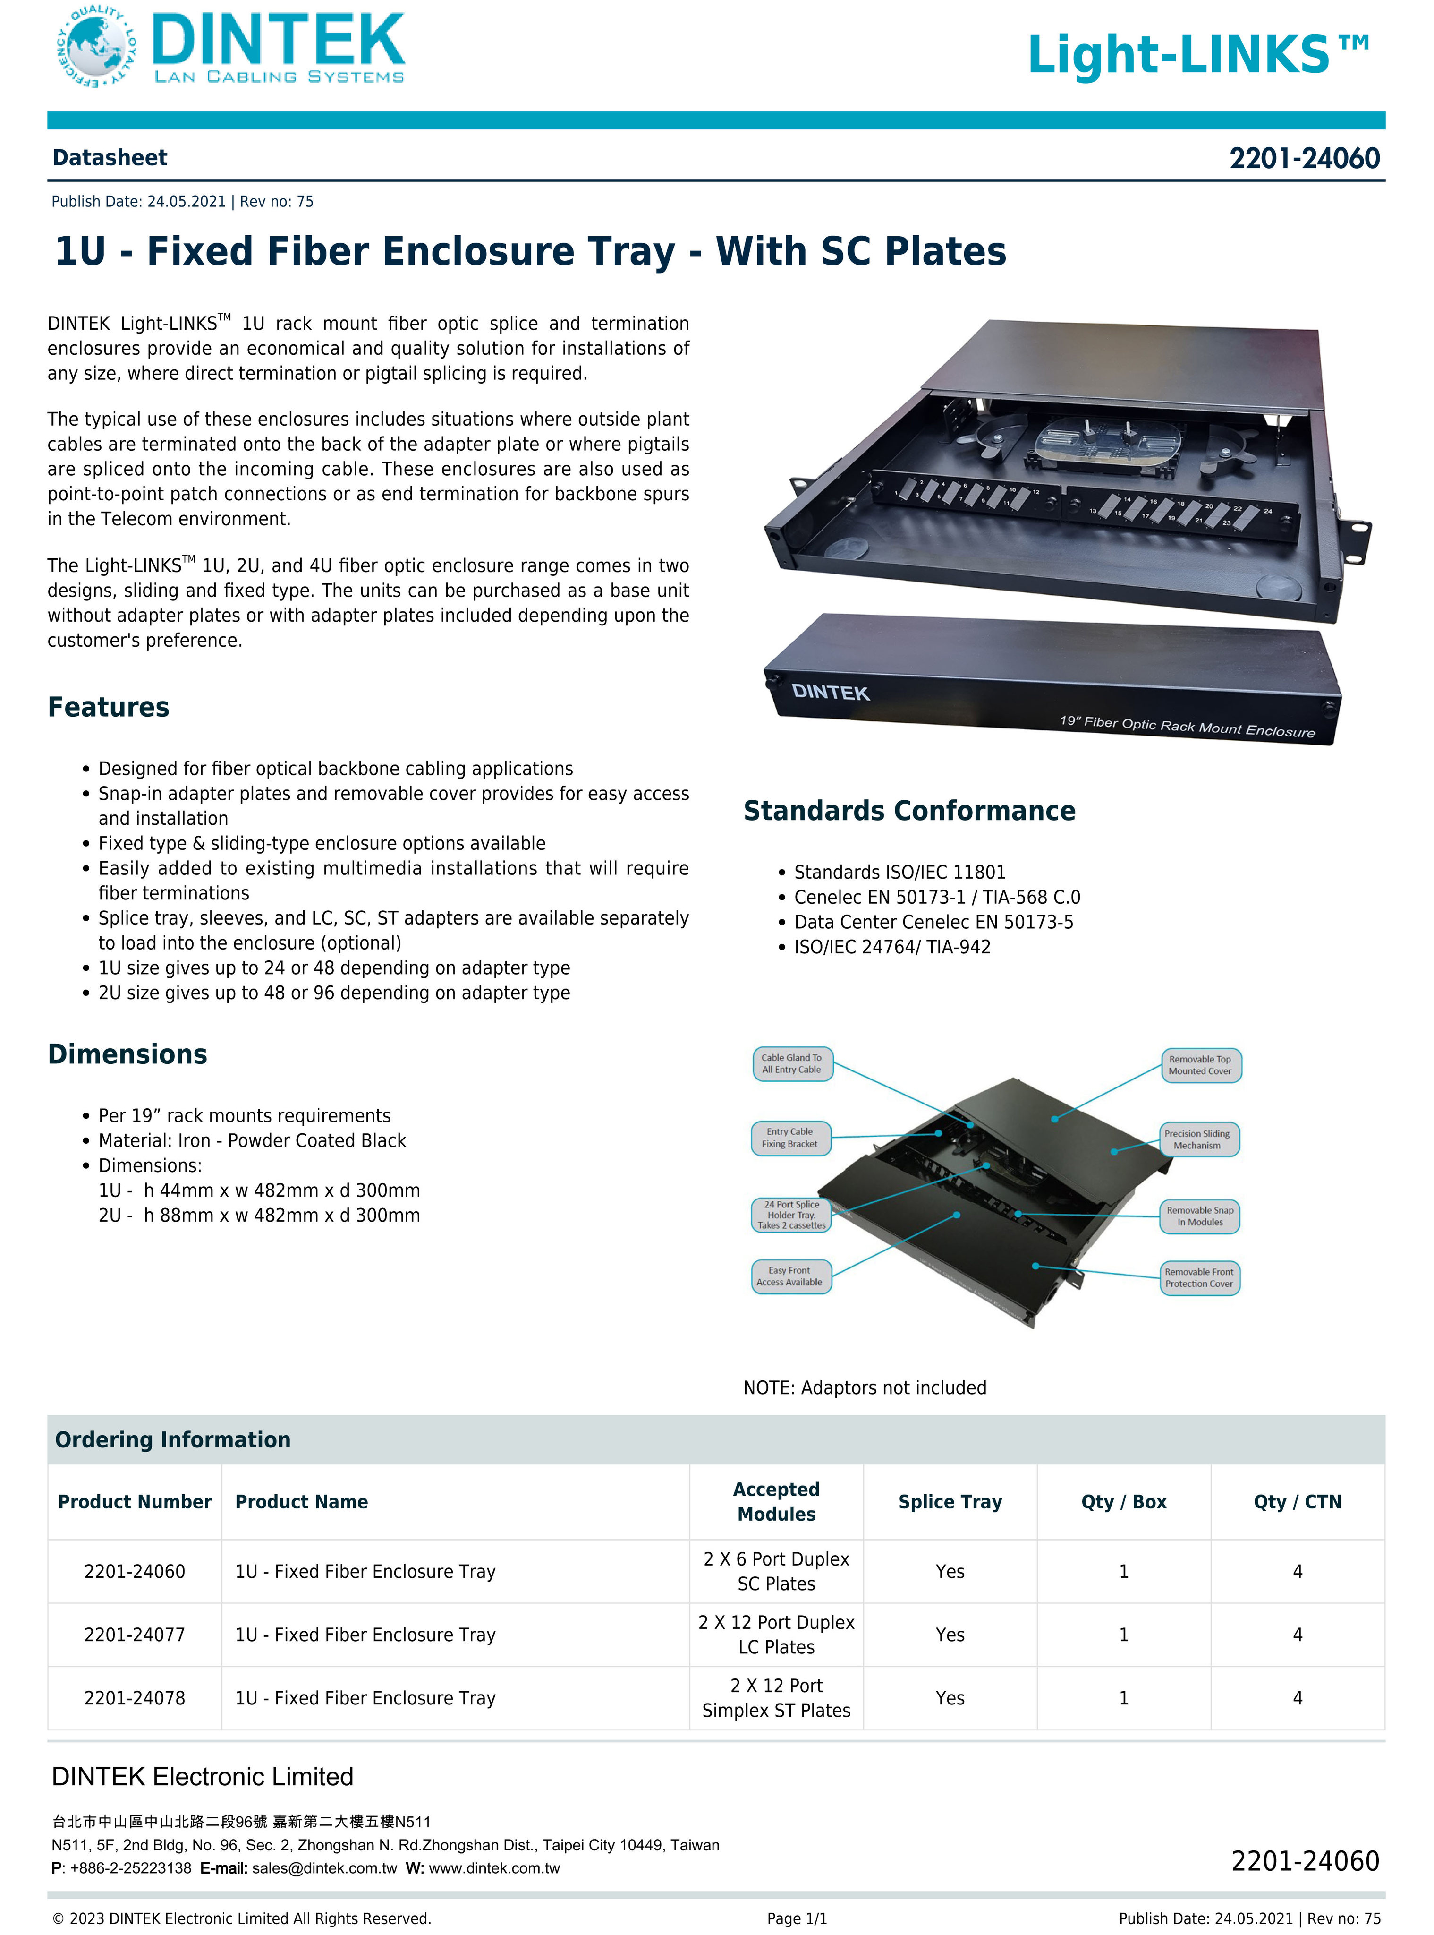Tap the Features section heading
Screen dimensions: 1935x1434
tap(109, 707)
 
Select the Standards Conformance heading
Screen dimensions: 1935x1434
tap(909, 810)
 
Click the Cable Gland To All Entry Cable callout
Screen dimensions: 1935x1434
tap(792, 1064)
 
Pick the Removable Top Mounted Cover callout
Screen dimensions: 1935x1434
tap(1200, 1065)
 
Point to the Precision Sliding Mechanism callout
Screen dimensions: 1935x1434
tap(1198, 1139)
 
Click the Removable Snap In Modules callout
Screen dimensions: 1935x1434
tap(1200, 1216)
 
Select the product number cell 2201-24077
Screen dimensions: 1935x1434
tap(135, 1635)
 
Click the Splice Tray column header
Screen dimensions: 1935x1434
tap(950, 1502)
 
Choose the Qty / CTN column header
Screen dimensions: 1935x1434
tap(1297, 1502)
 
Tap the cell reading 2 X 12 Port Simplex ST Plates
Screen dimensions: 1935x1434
tap(776, 1698)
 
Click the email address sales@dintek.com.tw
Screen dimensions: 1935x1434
tap(324, 1868)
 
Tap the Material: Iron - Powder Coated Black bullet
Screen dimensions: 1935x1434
tap(252, 1140)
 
